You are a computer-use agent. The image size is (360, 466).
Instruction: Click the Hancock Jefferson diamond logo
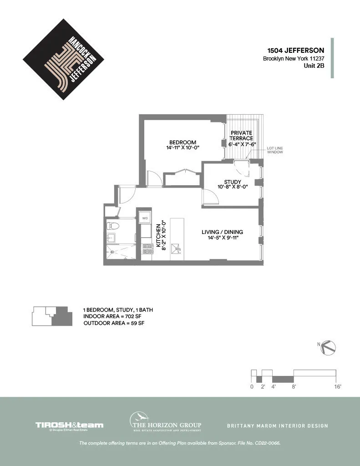click(63, 59)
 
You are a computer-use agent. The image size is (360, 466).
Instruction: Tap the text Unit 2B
click(314, 66)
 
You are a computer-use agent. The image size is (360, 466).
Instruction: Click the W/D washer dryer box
click(145, 218)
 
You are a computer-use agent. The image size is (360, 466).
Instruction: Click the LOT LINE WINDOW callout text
click(274, 150)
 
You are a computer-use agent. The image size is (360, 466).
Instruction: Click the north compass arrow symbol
click(328, 348)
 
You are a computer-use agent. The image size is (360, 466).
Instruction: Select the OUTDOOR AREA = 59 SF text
click(114, 323)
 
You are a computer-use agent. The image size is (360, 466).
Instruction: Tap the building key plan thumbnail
click(52, 316)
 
